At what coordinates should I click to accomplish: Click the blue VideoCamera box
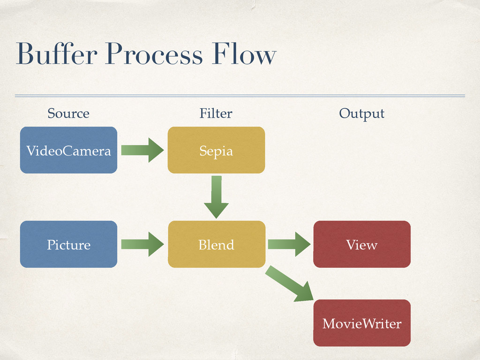point(68,150)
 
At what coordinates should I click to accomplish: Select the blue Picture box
point(68,244)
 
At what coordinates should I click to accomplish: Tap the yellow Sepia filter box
point(216,150)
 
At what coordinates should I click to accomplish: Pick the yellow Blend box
point(217,244)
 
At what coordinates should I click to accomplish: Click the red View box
point(362,244)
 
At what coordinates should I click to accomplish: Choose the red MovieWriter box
point(362,323)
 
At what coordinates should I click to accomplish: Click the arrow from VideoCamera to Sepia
point(142,150)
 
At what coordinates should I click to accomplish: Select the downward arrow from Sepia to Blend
point(216,197)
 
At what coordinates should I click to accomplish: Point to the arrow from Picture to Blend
point(142,244)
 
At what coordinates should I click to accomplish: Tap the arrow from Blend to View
point(289,244)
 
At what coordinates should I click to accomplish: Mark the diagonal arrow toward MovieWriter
point(290,284)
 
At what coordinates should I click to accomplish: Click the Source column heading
point(68,113)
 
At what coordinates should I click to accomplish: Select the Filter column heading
point(216,113)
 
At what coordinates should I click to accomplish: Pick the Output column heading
point(361,114)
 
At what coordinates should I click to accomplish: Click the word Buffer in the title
point(57,53)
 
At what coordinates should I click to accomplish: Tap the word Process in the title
point(154,54)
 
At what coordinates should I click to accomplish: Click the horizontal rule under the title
point(240,96)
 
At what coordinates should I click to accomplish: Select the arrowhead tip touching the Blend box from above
point(216,218)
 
